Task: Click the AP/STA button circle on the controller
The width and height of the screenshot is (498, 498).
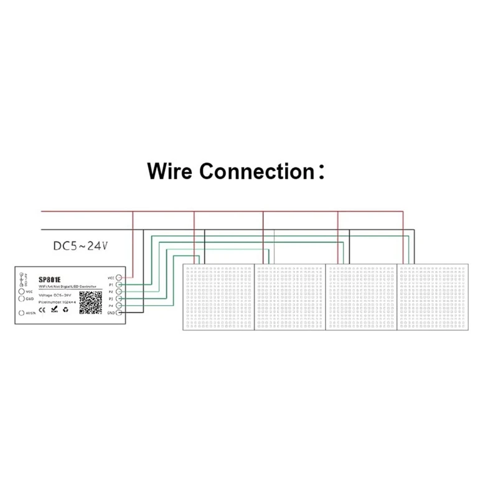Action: coord(22,314)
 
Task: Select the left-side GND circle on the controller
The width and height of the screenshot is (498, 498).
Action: coord(22,299)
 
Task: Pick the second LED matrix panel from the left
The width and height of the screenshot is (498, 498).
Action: coord(290,297)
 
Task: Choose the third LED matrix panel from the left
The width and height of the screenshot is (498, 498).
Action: coord(362,297)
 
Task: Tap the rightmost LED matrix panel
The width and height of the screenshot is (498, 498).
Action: coord(433,297)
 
